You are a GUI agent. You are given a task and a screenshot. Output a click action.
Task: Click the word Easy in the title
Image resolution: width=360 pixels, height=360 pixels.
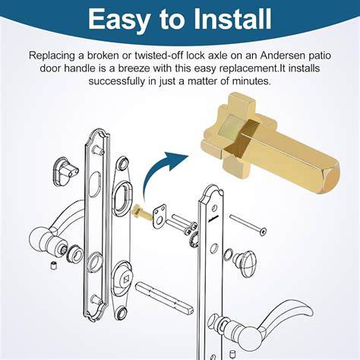click(x=118, y=20)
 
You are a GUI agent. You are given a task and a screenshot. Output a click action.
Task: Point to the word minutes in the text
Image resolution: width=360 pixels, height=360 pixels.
click(x=251, y=81)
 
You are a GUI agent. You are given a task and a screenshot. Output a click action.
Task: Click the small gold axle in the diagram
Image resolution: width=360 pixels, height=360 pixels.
click(x=142, y=212)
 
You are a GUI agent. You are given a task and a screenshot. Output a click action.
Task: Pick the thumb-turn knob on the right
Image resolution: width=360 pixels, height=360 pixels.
click(x=245, y=264)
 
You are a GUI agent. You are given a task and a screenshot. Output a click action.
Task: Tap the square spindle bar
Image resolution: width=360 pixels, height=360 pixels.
click(x=165, y=297)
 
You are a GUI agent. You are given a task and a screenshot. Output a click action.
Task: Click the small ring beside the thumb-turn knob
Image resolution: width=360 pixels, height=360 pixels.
click(x=228, y=254)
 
